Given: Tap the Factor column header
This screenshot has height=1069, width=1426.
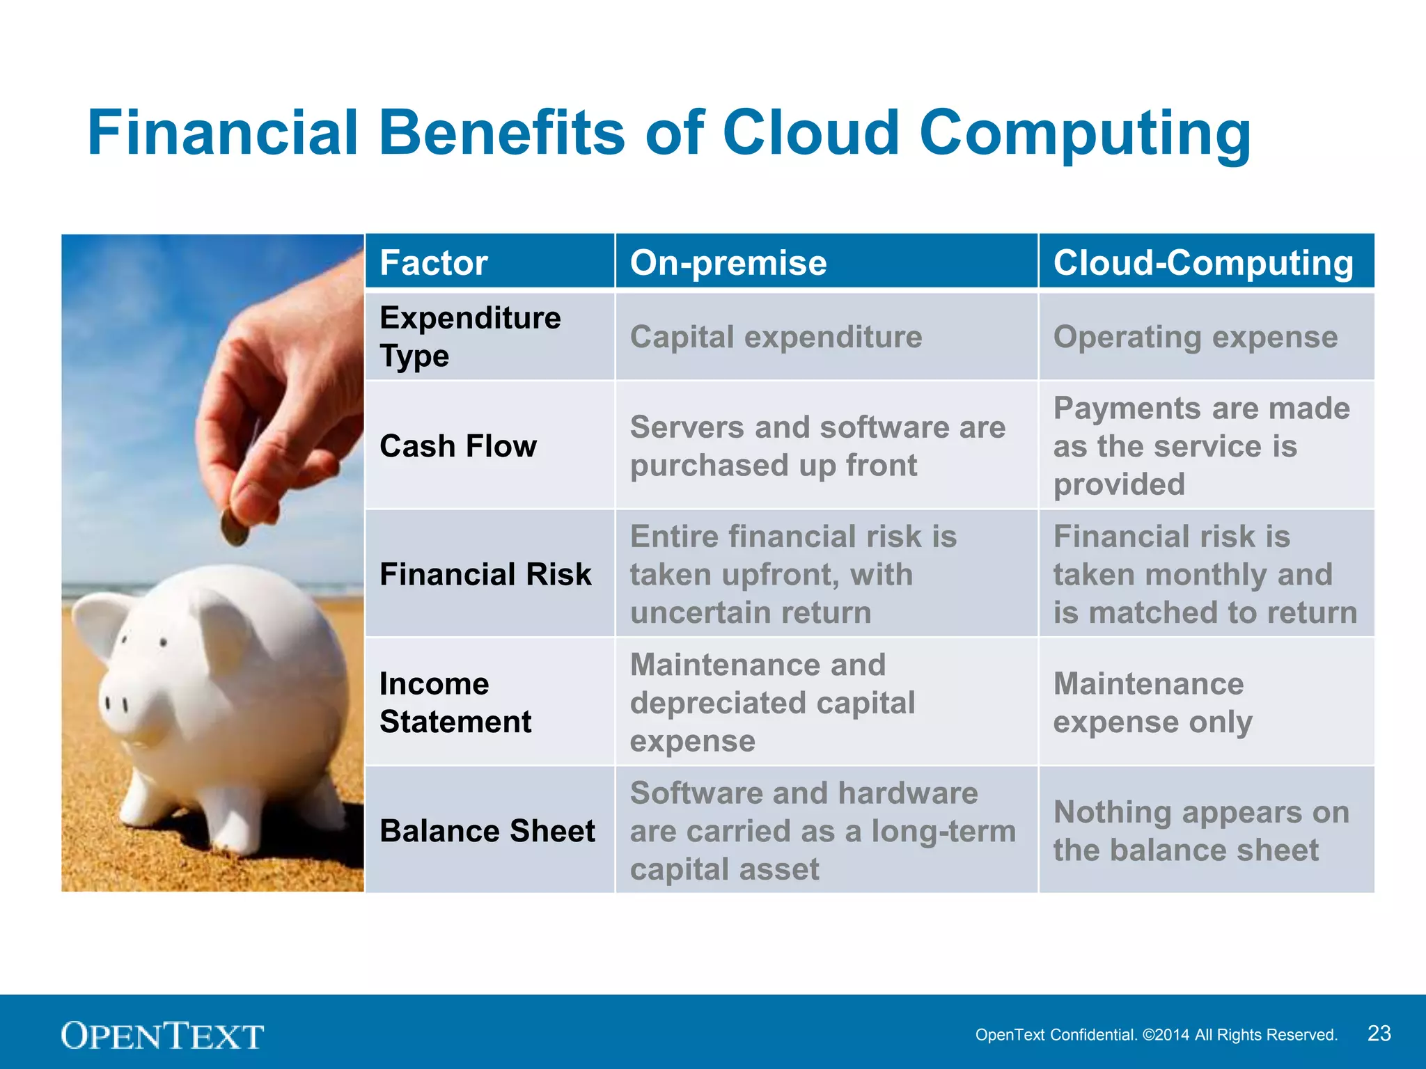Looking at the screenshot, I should pos(433,263).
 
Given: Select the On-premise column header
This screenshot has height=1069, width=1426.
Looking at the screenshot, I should pos(728,263).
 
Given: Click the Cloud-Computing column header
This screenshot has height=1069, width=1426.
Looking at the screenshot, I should pos(1202,263).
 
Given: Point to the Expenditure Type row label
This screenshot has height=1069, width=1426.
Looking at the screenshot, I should pos(470,337).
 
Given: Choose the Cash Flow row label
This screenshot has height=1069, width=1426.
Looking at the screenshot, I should pos(458,446).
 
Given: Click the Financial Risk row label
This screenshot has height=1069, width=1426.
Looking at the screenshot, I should pos(485,575).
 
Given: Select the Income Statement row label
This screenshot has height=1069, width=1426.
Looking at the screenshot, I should pos(455,703).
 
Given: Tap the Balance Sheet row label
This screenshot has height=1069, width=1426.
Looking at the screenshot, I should pos(487,831).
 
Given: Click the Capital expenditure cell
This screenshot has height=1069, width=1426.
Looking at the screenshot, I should pos(776,338).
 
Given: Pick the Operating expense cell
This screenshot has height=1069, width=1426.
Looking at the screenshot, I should pos(1195,338).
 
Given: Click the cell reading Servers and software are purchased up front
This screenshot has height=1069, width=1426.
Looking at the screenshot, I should pos(817,446).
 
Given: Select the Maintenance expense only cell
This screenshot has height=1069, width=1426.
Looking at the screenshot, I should pos(1152,703).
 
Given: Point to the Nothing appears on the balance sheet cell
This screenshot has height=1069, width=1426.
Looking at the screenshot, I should pos(1200,831).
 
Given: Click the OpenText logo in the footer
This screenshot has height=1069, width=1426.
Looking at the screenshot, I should pos(162,1036).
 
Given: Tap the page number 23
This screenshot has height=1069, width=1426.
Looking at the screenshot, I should pos(1379,1034).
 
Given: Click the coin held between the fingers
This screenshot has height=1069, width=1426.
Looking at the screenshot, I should pos(235,530).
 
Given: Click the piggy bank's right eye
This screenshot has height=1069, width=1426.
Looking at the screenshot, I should pos(164,642).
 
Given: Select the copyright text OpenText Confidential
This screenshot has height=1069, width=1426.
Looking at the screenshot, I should pos(1156,1035).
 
